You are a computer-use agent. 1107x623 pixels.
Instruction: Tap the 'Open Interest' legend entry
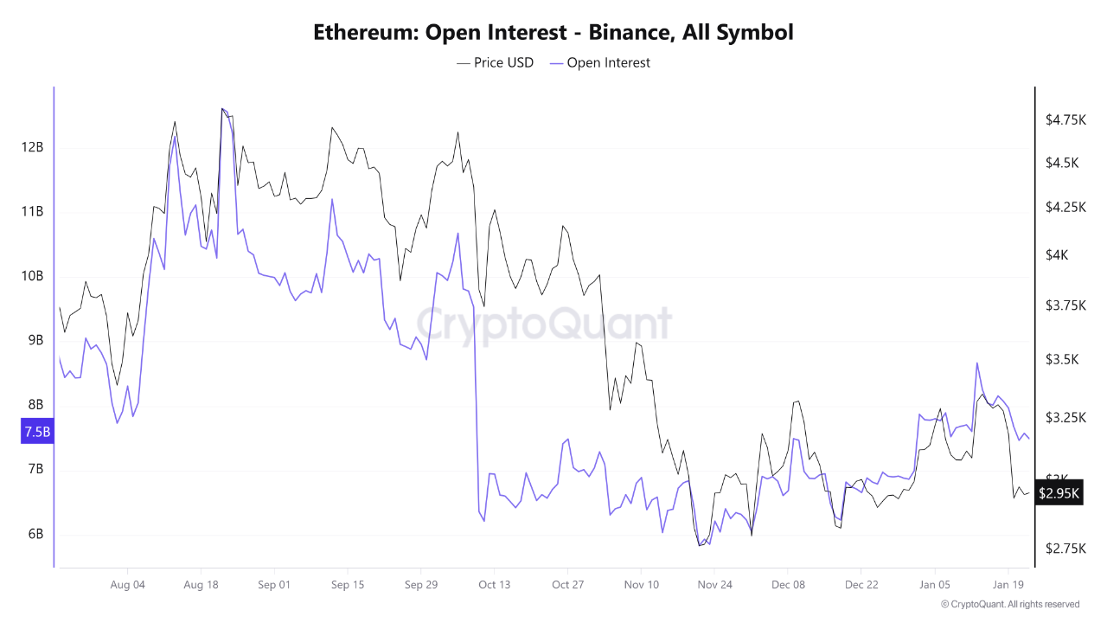click(x=600, y=62)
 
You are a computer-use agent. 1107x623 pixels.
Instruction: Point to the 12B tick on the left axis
click(x=32, y=147)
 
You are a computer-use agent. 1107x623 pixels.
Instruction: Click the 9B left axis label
click(x=34, y=340)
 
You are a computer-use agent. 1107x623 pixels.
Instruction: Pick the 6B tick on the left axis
click(x=34, y=534)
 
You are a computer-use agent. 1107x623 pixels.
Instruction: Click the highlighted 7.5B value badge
click(x=37, y=432)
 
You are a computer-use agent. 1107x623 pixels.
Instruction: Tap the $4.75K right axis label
click(x=1065, y=119)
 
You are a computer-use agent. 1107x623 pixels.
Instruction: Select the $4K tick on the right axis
click(x=1056, y=255)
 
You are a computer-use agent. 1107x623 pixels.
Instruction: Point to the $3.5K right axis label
click(x=1062, y=360)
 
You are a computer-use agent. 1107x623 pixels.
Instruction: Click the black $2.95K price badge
click(x=1059, y=493)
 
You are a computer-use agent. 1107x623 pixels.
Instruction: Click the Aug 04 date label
click(x=127, y=585)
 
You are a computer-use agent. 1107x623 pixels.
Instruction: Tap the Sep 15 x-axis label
click(x=347, y=585)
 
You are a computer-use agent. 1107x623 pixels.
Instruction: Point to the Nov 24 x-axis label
click(x=714, y=585)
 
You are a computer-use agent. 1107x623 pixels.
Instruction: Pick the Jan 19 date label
click(x=1008, y=585)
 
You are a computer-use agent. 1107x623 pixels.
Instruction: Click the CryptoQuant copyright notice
click(x=1009, y=604)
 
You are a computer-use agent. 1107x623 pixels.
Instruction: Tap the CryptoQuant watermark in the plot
click(x=544, y=324)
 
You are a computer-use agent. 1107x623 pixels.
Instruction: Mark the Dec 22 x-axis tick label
click(x=861, y=585)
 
